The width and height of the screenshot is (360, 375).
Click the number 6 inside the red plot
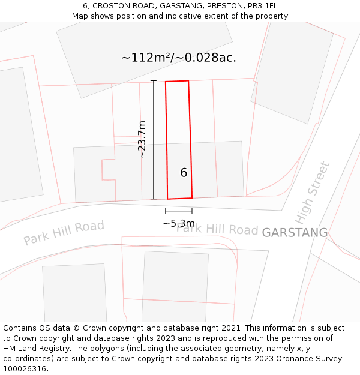tap(184, 173)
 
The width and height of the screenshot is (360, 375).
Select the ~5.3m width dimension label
tap(179, 223)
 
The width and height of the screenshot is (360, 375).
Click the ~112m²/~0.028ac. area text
tap(179, 58)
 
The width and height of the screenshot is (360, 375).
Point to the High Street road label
tap(313, 192)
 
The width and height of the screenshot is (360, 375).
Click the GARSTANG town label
tap(295, 232)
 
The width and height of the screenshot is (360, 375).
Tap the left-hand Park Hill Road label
tap(64, 233)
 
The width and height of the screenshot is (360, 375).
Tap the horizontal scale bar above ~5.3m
tap(179, 211)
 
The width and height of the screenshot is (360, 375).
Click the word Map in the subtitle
tap(80, 16)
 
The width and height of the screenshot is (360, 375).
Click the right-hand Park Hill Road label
tap(217, 229)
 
